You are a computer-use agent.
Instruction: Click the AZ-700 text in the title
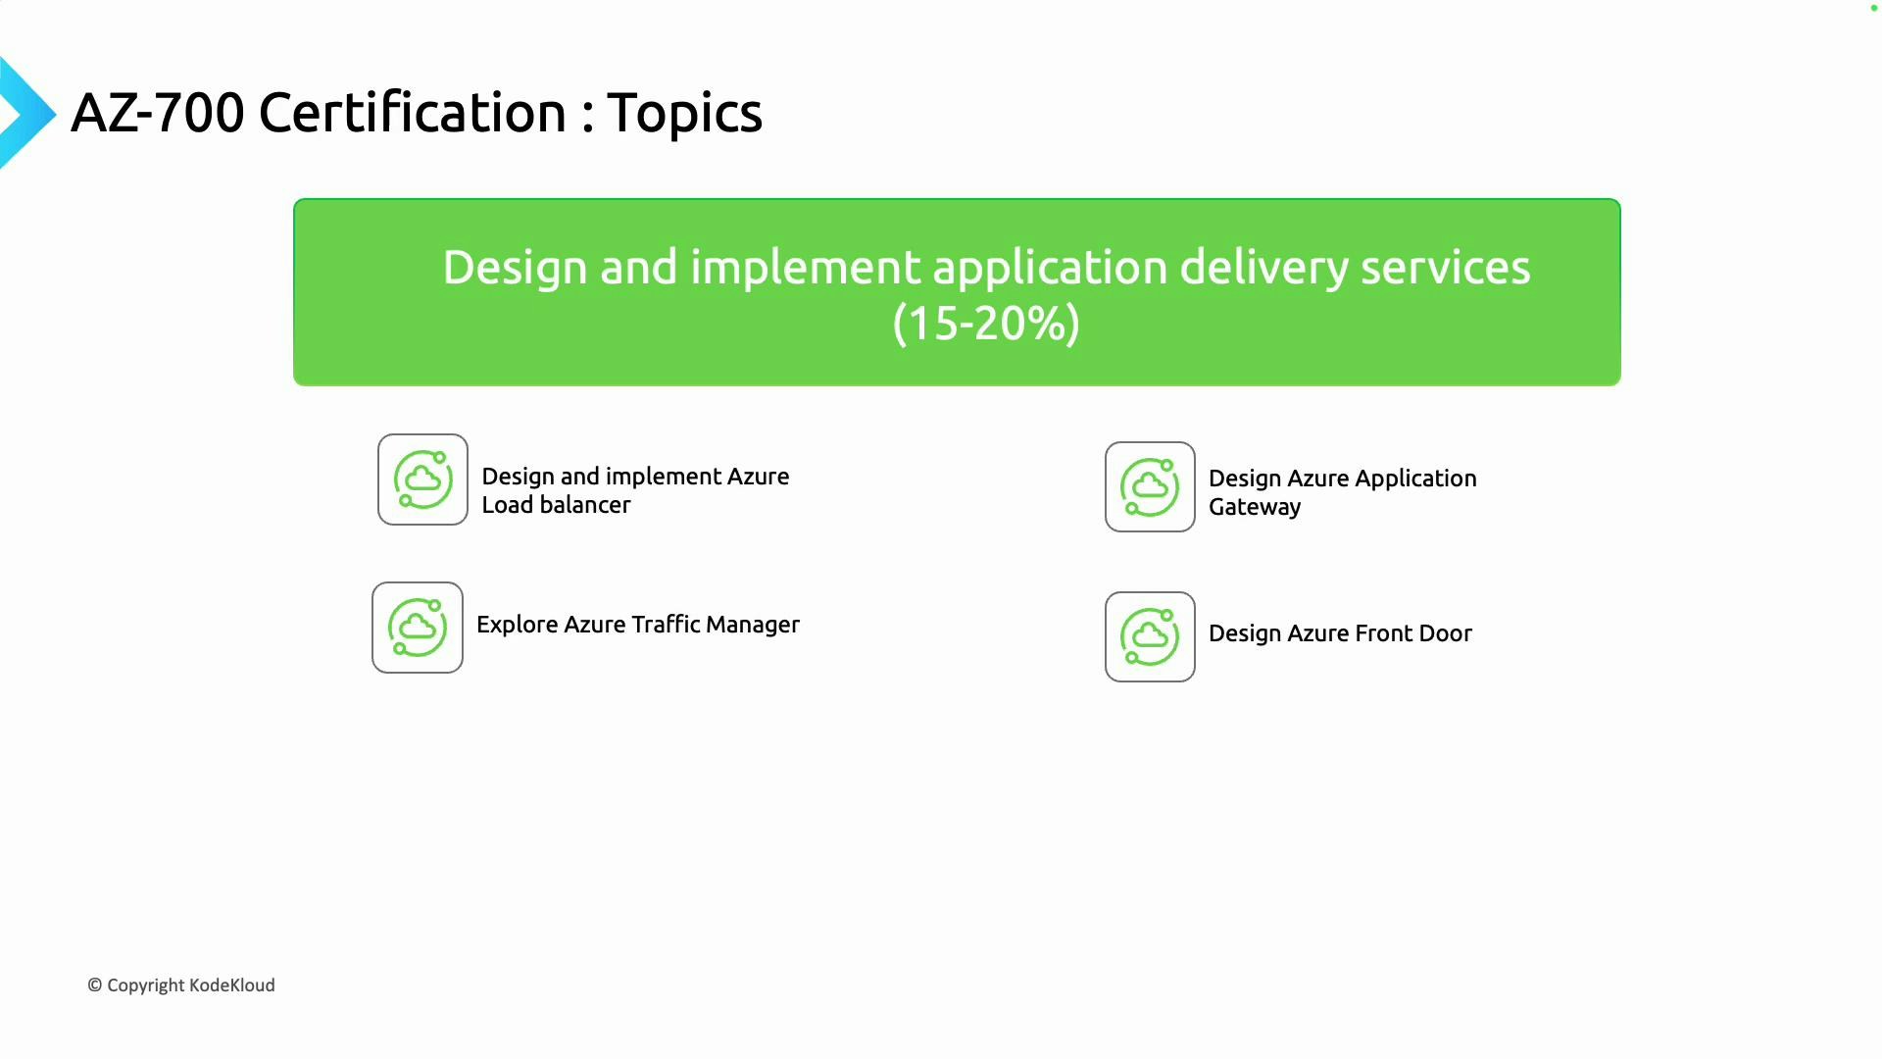[157, 113]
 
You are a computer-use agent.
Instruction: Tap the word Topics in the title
[684, 113]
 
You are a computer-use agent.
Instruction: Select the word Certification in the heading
[412, 113]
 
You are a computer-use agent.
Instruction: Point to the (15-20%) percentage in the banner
[986, 324]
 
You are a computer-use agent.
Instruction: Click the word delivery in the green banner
[1263, 268]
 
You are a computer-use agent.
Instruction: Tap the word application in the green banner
[1049, 268]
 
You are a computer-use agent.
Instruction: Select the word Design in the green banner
[515, 268]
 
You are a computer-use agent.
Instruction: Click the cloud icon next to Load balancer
[422, 479]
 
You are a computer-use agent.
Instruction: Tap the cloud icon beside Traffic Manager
[418, 628]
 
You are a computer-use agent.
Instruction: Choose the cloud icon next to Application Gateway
[1150, 487]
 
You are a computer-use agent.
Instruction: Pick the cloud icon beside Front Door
[1150, 636]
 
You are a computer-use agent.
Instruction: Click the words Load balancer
[556, 505]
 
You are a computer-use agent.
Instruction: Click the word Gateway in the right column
[1255, 507]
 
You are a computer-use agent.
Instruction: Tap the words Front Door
[1412, 633]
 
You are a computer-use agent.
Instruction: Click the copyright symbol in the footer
[95, 985]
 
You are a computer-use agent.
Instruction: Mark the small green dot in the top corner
[1873, 8]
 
